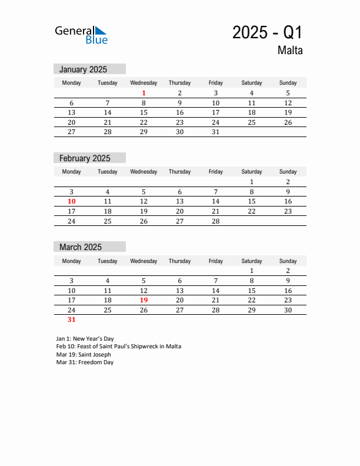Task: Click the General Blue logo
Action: (x=81, y=34)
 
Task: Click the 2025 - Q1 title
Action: (x=267, y=32)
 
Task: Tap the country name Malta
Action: (x=290, y=51)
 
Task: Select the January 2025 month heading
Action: (x=83, y=69)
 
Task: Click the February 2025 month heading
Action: (x=85, y=158)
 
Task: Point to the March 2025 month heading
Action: (x=81, y=247)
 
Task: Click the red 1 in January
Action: (x=144, y=93)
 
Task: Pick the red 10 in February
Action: (x=71, y=201)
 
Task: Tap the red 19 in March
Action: (x=144, y=300)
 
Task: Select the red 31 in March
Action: (x=71, y=320)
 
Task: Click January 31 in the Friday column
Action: (x=215, y=132)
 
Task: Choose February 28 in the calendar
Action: (x=215, y=221)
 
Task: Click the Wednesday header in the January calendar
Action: (x=144, y=83)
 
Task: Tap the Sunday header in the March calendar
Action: (x=288, y=261)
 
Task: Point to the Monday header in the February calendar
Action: (x=71, y=172)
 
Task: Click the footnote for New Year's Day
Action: (x=85, y=339)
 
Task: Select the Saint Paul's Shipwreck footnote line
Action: (x=118, y=347)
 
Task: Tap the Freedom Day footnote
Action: (x=85, y=362)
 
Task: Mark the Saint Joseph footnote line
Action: (x=84, y=355)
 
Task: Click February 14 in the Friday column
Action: (x=215, y=201)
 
